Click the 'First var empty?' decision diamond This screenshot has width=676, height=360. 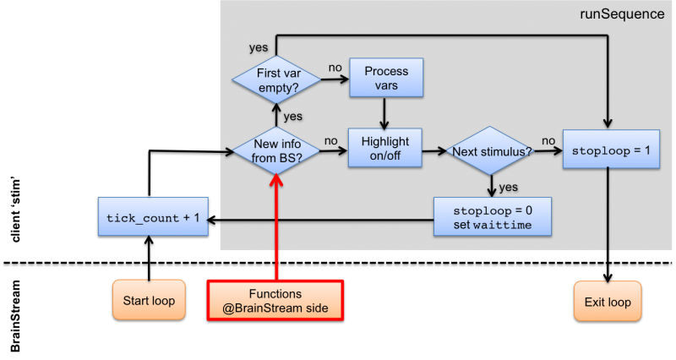point(277,80)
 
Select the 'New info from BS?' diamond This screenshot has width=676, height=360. point(278,151)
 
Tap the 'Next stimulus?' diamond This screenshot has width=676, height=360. point(491,151)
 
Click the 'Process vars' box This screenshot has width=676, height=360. point(385,79)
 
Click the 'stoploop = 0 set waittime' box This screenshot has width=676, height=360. point(491,217)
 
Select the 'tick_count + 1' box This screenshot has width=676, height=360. point(153,217)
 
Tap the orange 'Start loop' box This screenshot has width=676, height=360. point(149,300)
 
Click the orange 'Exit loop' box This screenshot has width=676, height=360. point(608,301)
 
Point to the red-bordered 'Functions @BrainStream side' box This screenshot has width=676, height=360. point(275,300)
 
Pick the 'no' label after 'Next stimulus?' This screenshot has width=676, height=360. point(548,141)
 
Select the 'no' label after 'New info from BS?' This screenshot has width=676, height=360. point(331,141)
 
